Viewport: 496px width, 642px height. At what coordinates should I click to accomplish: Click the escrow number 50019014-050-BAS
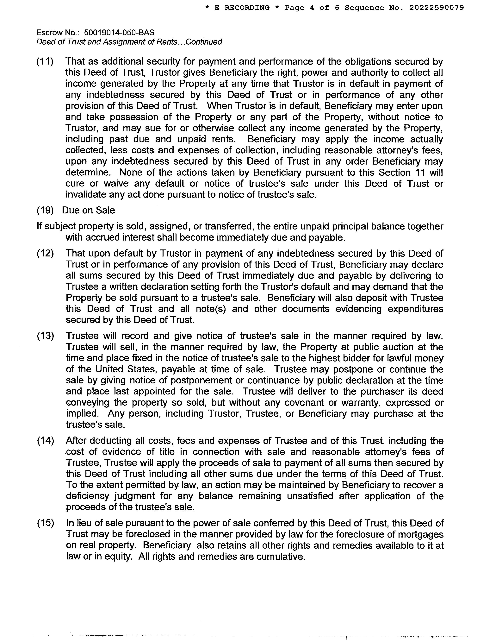pos(119,32)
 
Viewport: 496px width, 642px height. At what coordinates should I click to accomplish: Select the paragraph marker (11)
pos(45,61)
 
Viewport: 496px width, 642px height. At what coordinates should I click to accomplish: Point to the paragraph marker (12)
pos(45,253)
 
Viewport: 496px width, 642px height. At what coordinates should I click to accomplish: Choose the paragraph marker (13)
pos(45,336)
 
